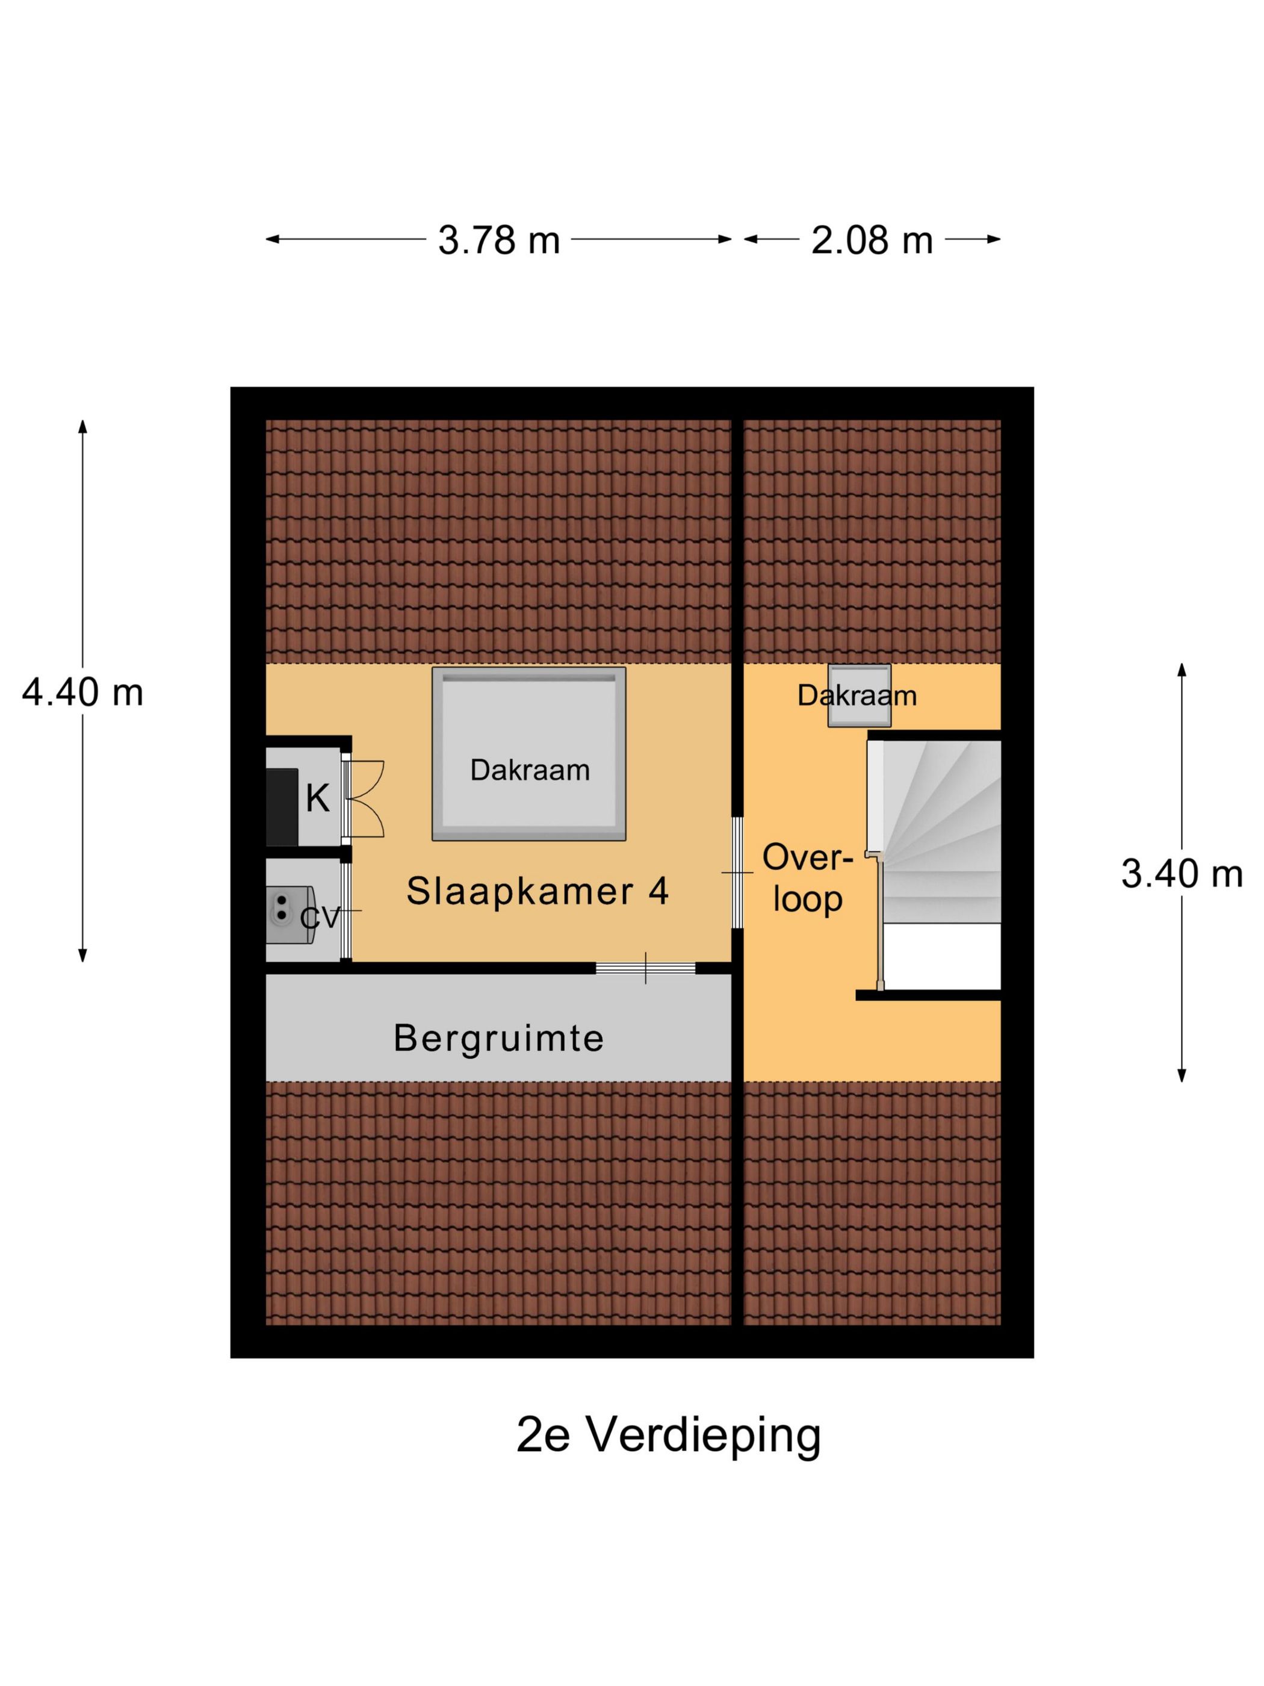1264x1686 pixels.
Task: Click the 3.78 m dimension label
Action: [x=498, y=240]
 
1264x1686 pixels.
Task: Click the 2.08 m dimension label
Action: [x=872, y=240]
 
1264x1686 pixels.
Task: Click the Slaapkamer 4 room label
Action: [x=537, y=890]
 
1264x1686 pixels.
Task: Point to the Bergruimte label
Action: [x=498, y=1037]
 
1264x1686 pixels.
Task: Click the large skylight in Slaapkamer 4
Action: [x=528, y=753]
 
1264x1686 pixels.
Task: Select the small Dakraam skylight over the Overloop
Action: [x=860, y=695]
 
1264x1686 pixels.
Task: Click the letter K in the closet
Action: [x=318, y=798]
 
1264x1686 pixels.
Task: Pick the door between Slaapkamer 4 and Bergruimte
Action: [x=645, y=968]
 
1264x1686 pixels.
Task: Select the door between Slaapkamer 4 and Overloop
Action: [x=737, y=872]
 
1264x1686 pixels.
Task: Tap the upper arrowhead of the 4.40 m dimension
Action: [x=82, y=425]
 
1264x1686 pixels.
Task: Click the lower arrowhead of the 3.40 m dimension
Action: [x=1182, y=1075]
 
